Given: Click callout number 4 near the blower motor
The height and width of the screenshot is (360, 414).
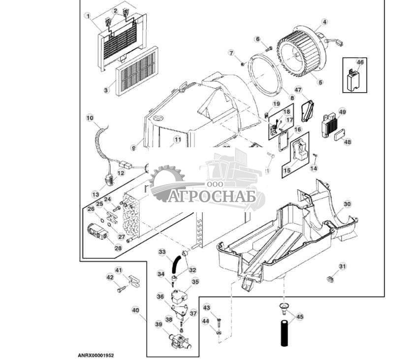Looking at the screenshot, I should [324, 22].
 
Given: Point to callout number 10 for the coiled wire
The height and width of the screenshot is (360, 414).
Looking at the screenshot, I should [89, 118].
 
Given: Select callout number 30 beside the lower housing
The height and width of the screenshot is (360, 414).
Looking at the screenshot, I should [347, 204].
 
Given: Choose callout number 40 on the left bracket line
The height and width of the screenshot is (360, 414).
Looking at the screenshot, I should [135, 310].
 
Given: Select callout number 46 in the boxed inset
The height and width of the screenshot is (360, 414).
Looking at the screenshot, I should [360, 63].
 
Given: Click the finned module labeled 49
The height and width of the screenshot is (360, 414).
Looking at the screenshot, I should [328, 123].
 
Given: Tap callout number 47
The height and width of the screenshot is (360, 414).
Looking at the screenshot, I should [298, 89].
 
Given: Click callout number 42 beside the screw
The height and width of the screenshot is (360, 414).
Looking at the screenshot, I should [110, 278].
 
